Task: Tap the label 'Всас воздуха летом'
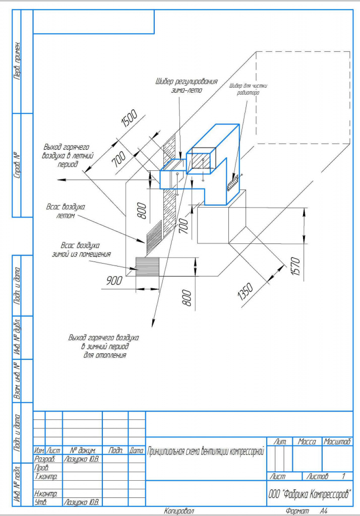click(x=66, y=211)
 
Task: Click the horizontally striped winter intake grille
click(x=147, y=265)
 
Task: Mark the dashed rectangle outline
click(x=303, y=96)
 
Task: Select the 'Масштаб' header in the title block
click(x=337, y=441)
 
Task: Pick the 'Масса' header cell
click(x=307, y=441)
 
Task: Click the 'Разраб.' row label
click(x=44, y=460)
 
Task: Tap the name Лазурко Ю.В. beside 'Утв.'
click(x=81, y=502)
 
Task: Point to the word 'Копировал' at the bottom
click(x=179, y=511)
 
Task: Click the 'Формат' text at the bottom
click(x=297, y=511)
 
